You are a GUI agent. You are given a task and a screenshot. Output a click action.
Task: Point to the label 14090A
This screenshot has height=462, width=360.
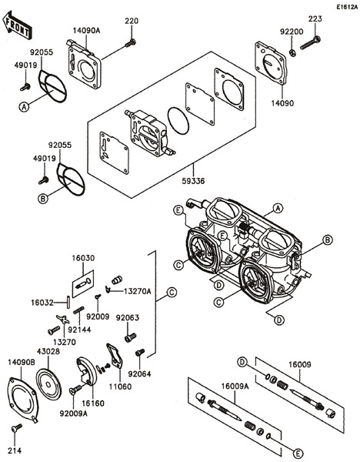(86, 31)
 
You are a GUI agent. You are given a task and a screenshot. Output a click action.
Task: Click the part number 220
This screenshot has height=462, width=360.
(132, 20)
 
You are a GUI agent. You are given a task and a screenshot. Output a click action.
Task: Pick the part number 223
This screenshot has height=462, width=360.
(315, 18)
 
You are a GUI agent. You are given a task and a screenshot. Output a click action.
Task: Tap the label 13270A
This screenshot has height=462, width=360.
(138, 292)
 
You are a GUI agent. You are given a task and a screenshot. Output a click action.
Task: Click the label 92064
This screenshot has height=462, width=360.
(139, 375)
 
